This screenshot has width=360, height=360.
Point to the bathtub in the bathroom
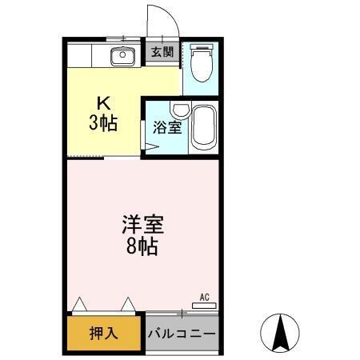point(203,127)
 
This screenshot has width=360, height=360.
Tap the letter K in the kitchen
point(102,102)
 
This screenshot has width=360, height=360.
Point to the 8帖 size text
point(141,246)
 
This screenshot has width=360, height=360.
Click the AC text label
point(204,296)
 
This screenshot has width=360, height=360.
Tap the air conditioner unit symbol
point(203,304)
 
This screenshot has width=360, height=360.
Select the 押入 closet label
point(104,332)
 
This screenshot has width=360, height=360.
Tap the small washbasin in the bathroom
point(181,111)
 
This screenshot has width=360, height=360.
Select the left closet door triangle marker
point(78,304)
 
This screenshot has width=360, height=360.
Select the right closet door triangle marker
point(128,304)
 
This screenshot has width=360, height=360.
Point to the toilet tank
point(201,46)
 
